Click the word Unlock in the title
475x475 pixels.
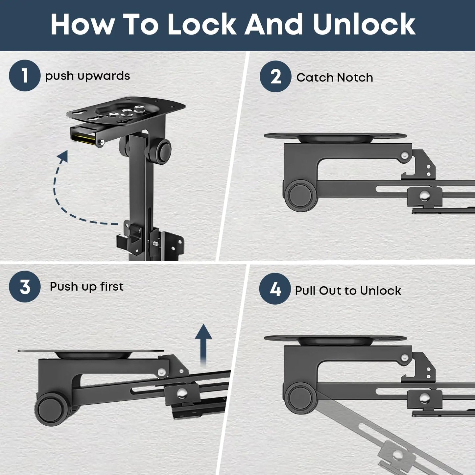[364, 24]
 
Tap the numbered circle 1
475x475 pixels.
[24, 75]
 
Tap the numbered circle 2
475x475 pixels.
[275, 76]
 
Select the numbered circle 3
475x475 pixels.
[25, 287]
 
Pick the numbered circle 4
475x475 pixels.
[275, 289]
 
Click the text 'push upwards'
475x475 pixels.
[87, 76]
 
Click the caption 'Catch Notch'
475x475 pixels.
[335, 77]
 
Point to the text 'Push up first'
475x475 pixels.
[86, 287]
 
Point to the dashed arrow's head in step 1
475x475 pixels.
[63, 156]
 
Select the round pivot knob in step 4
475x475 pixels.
[300, 398]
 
